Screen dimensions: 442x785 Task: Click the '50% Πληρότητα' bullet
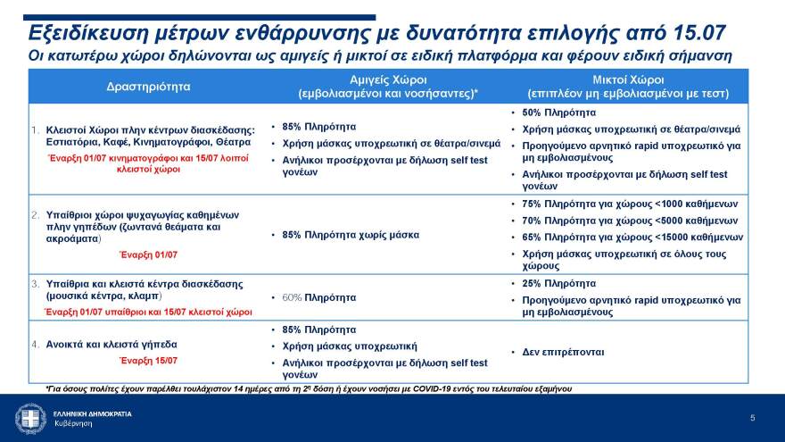558,113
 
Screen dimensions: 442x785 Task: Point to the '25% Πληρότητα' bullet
558,283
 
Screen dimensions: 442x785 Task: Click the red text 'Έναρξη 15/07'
148,361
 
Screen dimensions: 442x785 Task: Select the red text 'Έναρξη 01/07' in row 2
148,254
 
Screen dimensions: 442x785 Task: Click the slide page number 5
752,418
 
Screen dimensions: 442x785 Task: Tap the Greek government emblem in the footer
30,418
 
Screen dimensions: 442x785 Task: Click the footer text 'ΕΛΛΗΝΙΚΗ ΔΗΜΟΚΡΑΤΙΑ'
92,414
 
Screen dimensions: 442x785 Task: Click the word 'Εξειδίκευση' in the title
87,34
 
